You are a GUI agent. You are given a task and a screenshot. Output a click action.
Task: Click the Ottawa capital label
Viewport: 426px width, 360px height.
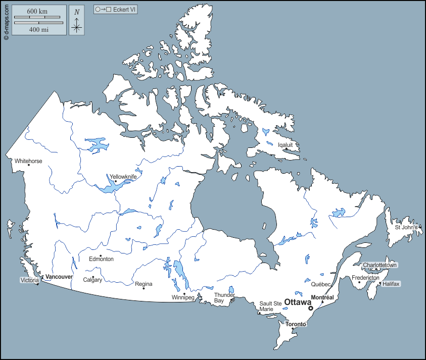point(298,302)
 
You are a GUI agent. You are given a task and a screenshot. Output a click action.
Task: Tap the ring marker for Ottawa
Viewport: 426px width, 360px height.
point(311,308)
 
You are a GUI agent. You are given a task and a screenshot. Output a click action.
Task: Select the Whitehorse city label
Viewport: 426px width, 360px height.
point(28,162)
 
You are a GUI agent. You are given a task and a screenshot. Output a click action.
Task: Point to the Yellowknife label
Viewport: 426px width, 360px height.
point(123,177)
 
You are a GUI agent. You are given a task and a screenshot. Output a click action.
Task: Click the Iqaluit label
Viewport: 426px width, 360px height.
point(286,144)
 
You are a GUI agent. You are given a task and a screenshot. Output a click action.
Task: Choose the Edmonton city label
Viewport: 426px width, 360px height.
point(101,259)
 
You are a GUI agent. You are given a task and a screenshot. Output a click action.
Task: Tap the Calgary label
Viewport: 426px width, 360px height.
point(92,280)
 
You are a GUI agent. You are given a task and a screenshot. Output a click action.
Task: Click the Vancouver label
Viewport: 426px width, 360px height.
point(59,277)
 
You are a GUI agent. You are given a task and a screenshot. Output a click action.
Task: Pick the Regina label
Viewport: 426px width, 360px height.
point(144,284)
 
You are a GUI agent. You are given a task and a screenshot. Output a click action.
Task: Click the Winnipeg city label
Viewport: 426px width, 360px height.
point(183,297)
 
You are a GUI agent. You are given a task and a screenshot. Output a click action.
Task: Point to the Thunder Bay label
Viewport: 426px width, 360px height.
point(224,297)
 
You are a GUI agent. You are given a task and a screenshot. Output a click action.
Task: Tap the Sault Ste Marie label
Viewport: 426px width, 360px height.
point(266,306)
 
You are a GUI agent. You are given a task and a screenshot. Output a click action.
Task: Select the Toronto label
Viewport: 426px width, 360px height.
point(296,324)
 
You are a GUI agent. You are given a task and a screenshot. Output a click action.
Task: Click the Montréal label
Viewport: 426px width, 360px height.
point(322,297)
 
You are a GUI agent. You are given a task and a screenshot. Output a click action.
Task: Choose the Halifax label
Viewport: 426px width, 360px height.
point(391,284)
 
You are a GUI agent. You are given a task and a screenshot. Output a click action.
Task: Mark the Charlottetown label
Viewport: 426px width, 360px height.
point(380,265)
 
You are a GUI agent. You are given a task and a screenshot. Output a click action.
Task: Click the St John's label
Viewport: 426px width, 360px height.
point(406,227)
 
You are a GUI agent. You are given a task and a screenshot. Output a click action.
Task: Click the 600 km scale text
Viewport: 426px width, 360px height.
point(38,12)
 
